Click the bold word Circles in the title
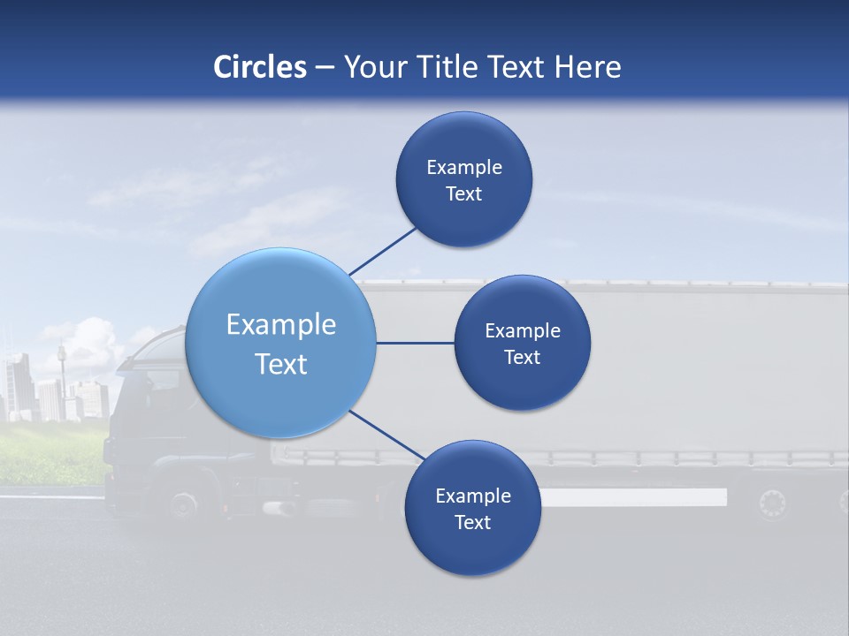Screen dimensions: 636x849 260,67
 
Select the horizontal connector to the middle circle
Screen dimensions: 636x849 415,343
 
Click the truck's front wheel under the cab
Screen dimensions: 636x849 183,504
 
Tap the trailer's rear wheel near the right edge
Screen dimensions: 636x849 771,503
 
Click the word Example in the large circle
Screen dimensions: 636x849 280,325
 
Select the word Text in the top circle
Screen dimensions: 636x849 463,194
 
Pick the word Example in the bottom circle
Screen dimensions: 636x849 472,496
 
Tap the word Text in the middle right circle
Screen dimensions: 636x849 522,357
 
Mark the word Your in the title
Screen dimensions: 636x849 370,67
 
